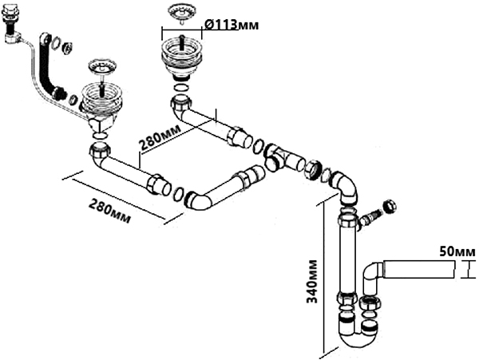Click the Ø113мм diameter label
point(232,26)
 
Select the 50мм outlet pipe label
point(457,252)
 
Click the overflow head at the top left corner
point(11,27)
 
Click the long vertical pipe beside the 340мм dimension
point(348,255)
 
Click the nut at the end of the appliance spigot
point(390,207)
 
